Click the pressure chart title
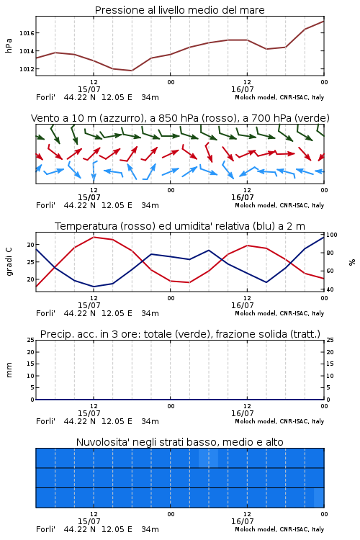click(x=179, y=10)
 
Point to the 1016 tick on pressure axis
click(x=27, y=33)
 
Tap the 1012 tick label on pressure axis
click(x=27, y=69)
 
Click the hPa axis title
click(x=9, y=45)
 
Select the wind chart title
click(x=180, y=118)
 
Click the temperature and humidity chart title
click(x=180, y=226)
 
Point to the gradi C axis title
click(x=9, y=262)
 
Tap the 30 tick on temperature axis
click(x=31, y=245)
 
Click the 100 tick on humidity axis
click(x=332, y=235)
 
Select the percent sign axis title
click(x=352, y=262)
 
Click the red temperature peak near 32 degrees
click(x=94, y=237)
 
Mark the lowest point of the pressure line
click(x=132, y=71)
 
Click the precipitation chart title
click(x=180, y=334)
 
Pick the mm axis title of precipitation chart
click(x=9, y=370)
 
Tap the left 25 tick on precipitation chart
click(x=31, y=340)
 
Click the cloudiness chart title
click(x=179, y=442)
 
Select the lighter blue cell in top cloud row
click(x=208, y=458)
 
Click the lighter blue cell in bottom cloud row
click(x=319, y=498)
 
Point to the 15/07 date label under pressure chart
click(x=89, y=89)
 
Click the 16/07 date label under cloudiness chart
click(x=242, y=521)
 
